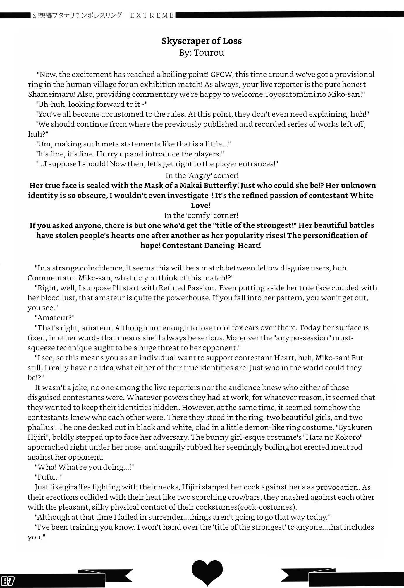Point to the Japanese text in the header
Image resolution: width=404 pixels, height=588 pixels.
77,15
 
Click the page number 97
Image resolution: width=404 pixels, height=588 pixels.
8,581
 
